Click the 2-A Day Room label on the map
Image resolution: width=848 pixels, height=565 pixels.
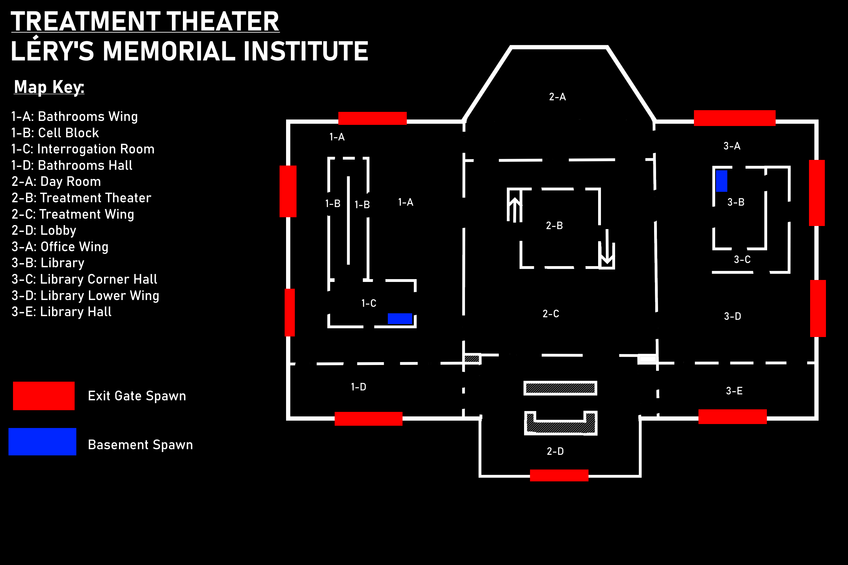pos(557,97)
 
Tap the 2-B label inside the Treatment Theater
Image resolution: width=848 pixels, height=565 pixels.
pos(554,225)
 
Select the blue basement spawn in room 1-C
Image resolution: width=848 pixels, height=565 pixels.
pos(400,319)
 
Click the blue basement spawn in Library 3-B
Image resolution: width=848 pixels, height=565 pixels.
pos(721,181)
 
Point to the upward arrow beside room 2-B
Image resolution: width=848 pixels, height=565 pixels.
pos(515,209)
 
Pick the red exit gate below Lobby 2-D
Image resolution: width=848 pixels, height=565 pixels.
pos(559,475)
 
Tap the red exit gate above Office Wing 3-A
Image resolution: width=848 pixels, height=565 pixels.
pos(735,118)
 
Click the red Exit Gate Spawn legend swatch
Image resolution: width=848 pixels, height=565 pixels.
pos(44,396)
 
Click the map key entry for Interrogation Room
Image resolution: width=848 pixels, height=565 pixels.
pos(83,149)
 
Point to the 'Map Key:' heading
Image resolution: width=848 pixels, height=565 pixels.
pos(49,87)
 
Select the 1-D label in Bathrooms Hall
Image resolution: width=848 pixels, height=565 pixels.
pos(358,387)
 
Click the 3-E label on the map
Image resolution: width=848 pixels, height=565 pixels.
pos(734,391)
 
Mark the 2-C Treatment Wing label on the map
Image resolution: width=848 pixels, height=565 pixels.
pos(551,314)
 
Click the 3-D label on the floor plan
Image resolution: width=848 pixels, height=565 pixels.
pos(733,316)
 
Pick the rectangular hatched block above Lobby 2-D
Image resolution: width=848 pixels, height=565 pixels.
pos(560,388)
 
